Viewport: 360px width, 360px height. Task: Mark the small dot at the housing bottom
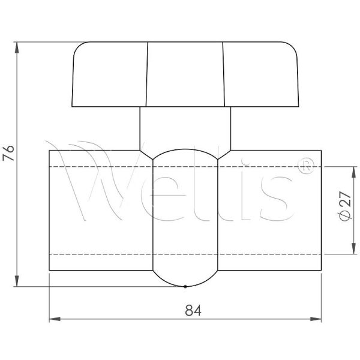(185, 286)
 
